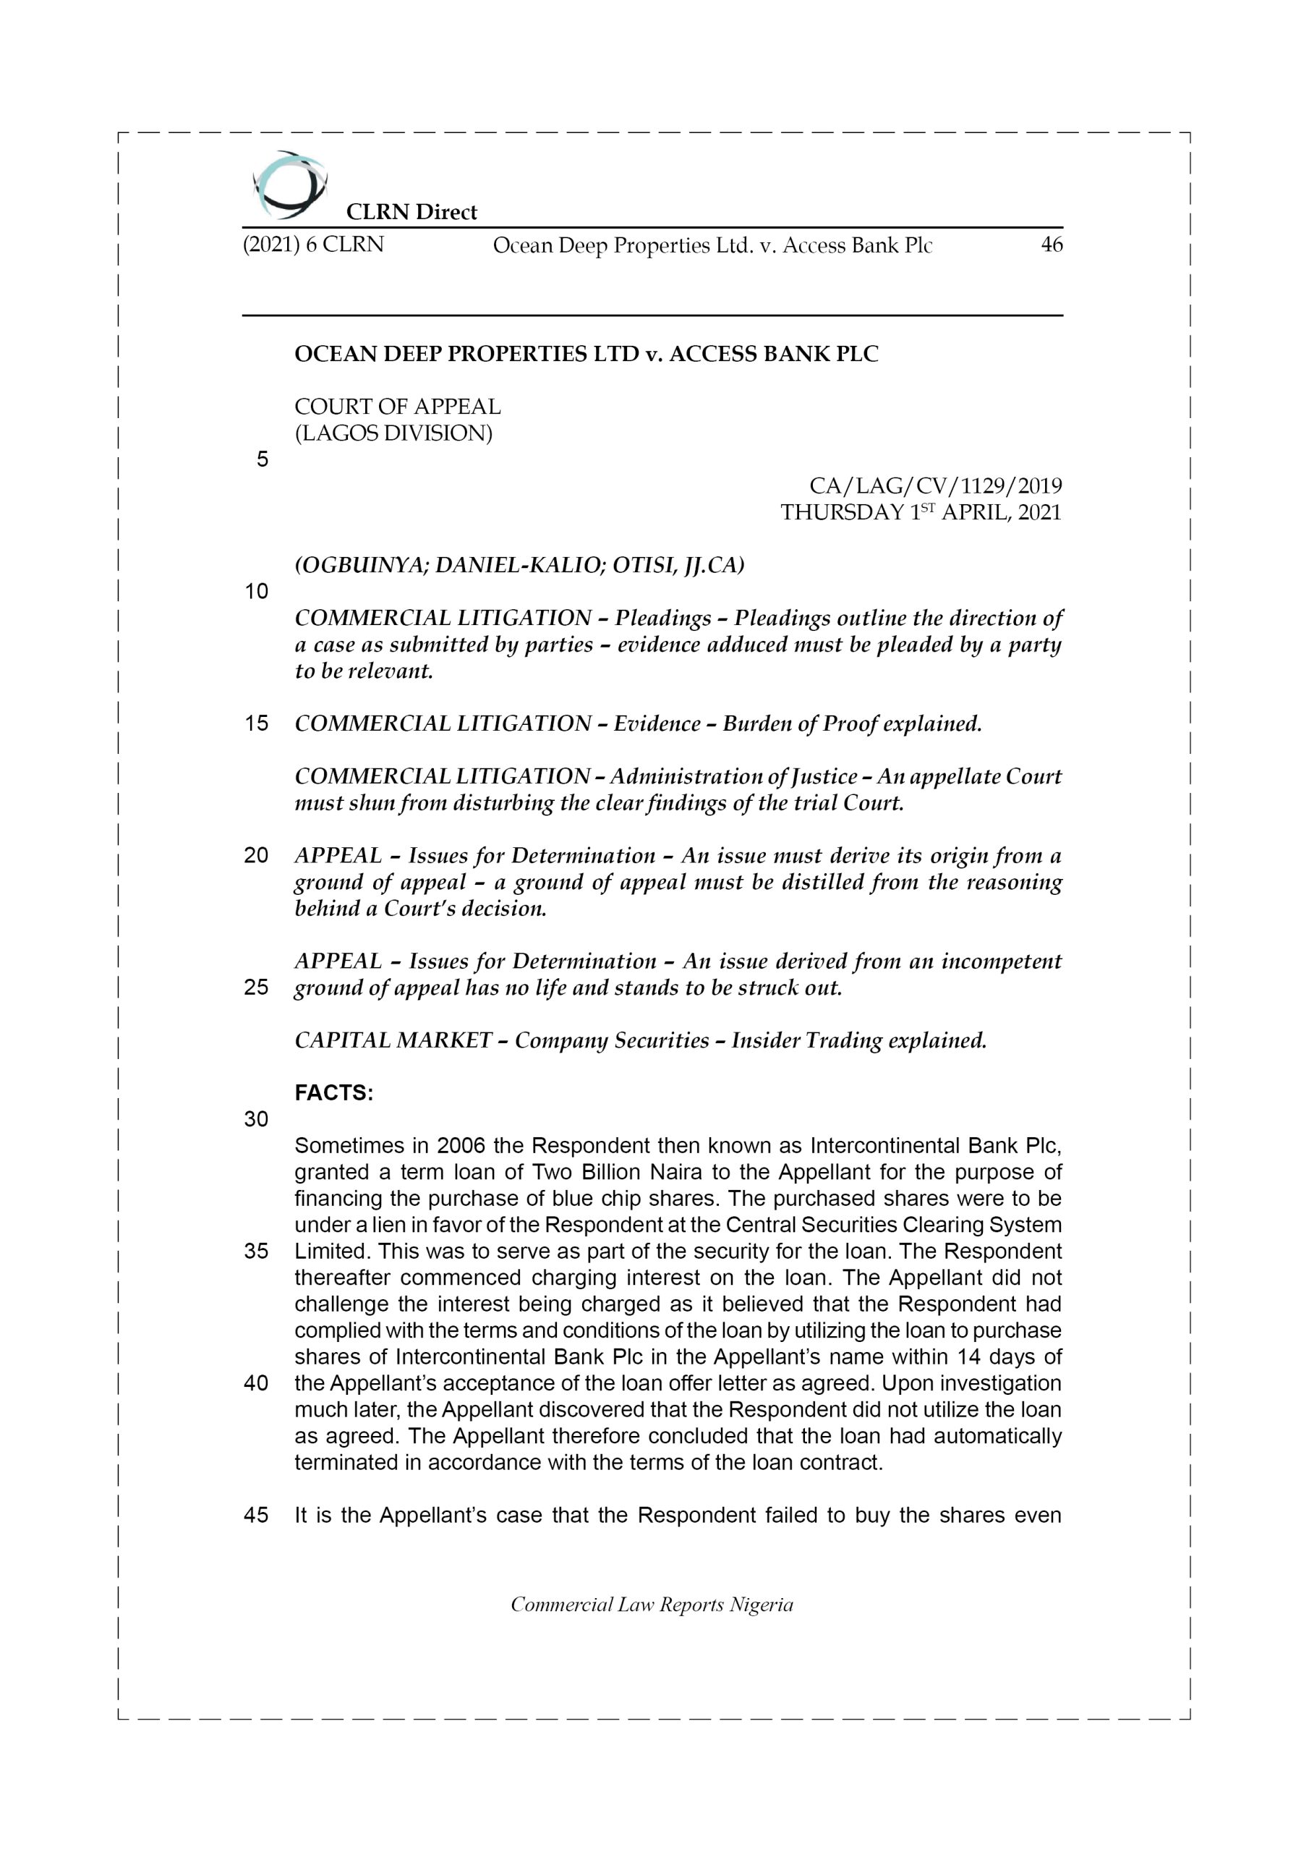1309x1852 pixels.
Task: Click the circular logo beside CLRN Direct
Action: pos(289,184)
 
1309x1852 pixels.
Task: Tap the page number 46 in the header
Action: pos(1051,245)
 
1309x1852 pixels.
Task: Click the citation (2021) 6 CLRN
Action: pos(313,245)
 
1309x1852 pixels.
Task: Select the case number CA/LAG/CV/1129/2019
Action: pos(936,485)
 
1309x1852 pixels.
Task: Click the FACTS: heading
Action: pos(334,1093)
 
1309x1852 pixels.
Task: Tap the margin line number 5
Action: pos(262,460)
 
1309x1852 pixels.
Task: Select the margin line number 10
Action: pos(256,591)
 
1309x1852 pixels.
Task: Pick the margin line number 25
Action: pos(256,987)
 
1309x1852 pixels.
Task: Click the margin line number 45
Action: pos(256,1515)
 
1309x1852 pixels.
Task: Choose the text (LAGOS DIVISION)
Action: pos(393,433)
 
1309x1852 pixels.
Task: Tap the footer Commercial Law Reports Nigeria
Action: pos(652,1605)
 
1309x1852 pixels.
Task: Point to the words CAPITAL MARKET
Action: pos(393,1040)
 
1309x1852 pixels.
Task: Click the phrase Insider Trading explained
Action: pos(859,1040)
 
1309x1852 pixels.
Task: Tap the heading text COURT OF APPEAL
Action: pos(397,407)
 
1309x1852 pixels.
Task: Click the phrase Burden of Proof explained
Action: pos(853,723)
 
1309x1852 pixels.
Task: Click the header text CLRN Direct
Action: pos(412,212)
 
